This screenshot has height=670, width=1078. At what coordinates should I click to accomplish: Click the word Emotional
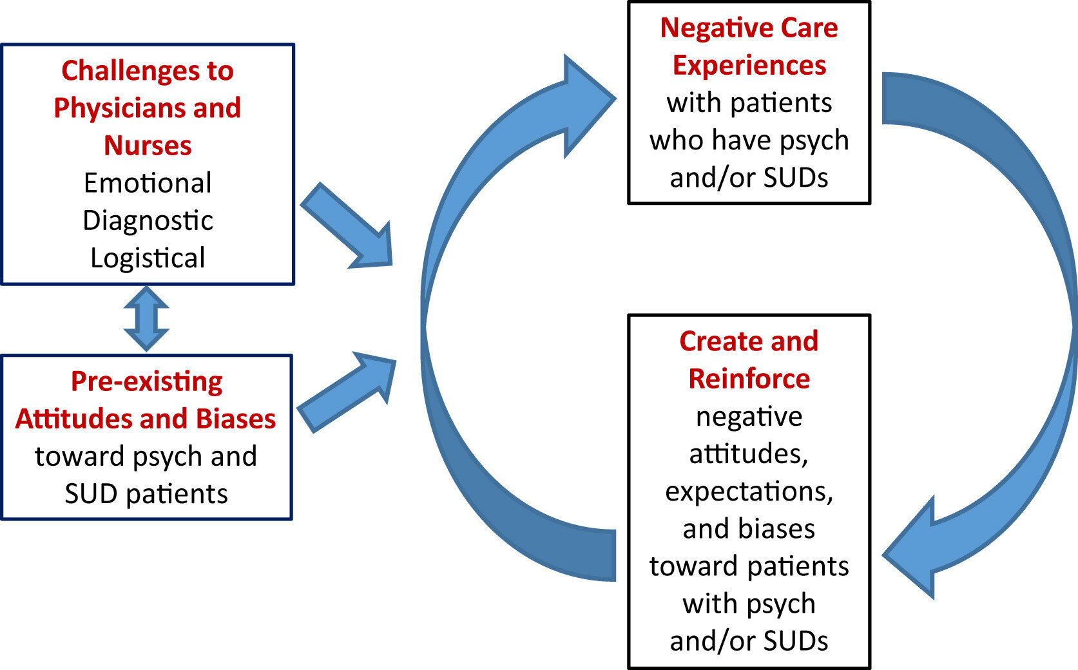[x=148, y=183]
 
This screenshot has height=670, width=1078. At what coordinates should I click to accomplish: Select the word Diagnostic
[x=148, y=221]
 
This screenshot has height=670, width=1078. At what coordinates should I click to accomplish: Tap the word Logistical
[x=148, y=258]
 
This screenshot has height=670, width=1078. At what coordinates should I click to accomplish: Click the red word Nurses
[x=148, y=146]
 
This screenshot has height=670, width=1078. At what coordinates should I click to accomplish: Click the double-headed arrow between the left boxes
[x=146, y=319]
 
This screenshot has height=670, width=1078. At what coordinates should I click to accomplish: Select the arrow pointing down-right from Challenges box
[x=347, y=225]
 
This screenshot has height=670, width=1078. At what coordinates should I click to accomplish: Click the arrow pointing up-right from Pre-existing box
[x=347, y=392]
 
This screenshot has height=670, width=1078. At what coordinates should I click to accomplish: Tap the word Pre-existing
[x=147, y=381]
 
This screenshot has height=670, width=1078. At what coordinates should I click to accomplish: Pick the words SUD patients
[x=146, y=494]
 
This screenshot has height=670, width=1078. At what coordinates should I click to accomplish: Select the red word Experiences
[x=749, y=66]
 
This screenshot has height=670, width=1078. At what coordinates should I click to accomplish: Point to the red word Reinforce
[x=749, y=379]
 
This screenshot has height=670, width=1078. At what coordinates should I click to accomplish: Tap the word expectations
[x=749, y=492]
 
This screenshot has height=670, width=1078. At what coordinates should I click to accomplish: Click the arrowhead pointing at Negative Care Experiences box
[x=590, y=106]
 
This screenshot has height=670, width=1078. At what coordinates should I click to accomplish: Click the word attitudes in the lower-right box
[x=748, y=454]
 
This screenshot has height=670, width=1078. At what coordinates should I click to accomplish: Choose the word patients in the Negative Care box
[x=781, y=103]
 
